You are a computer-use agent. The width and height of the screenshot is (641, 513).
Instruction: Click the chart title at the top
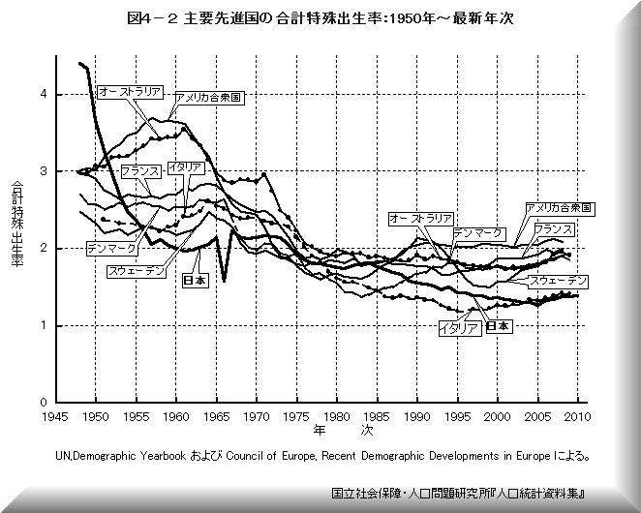tap(320, 16)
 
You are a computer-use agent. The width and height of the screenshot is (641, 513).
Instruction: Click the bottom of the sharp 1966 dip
tap(224, 282)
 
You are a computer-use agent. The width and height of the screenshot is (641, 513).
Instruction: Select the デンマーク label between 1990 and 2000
tap(476, 234)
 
